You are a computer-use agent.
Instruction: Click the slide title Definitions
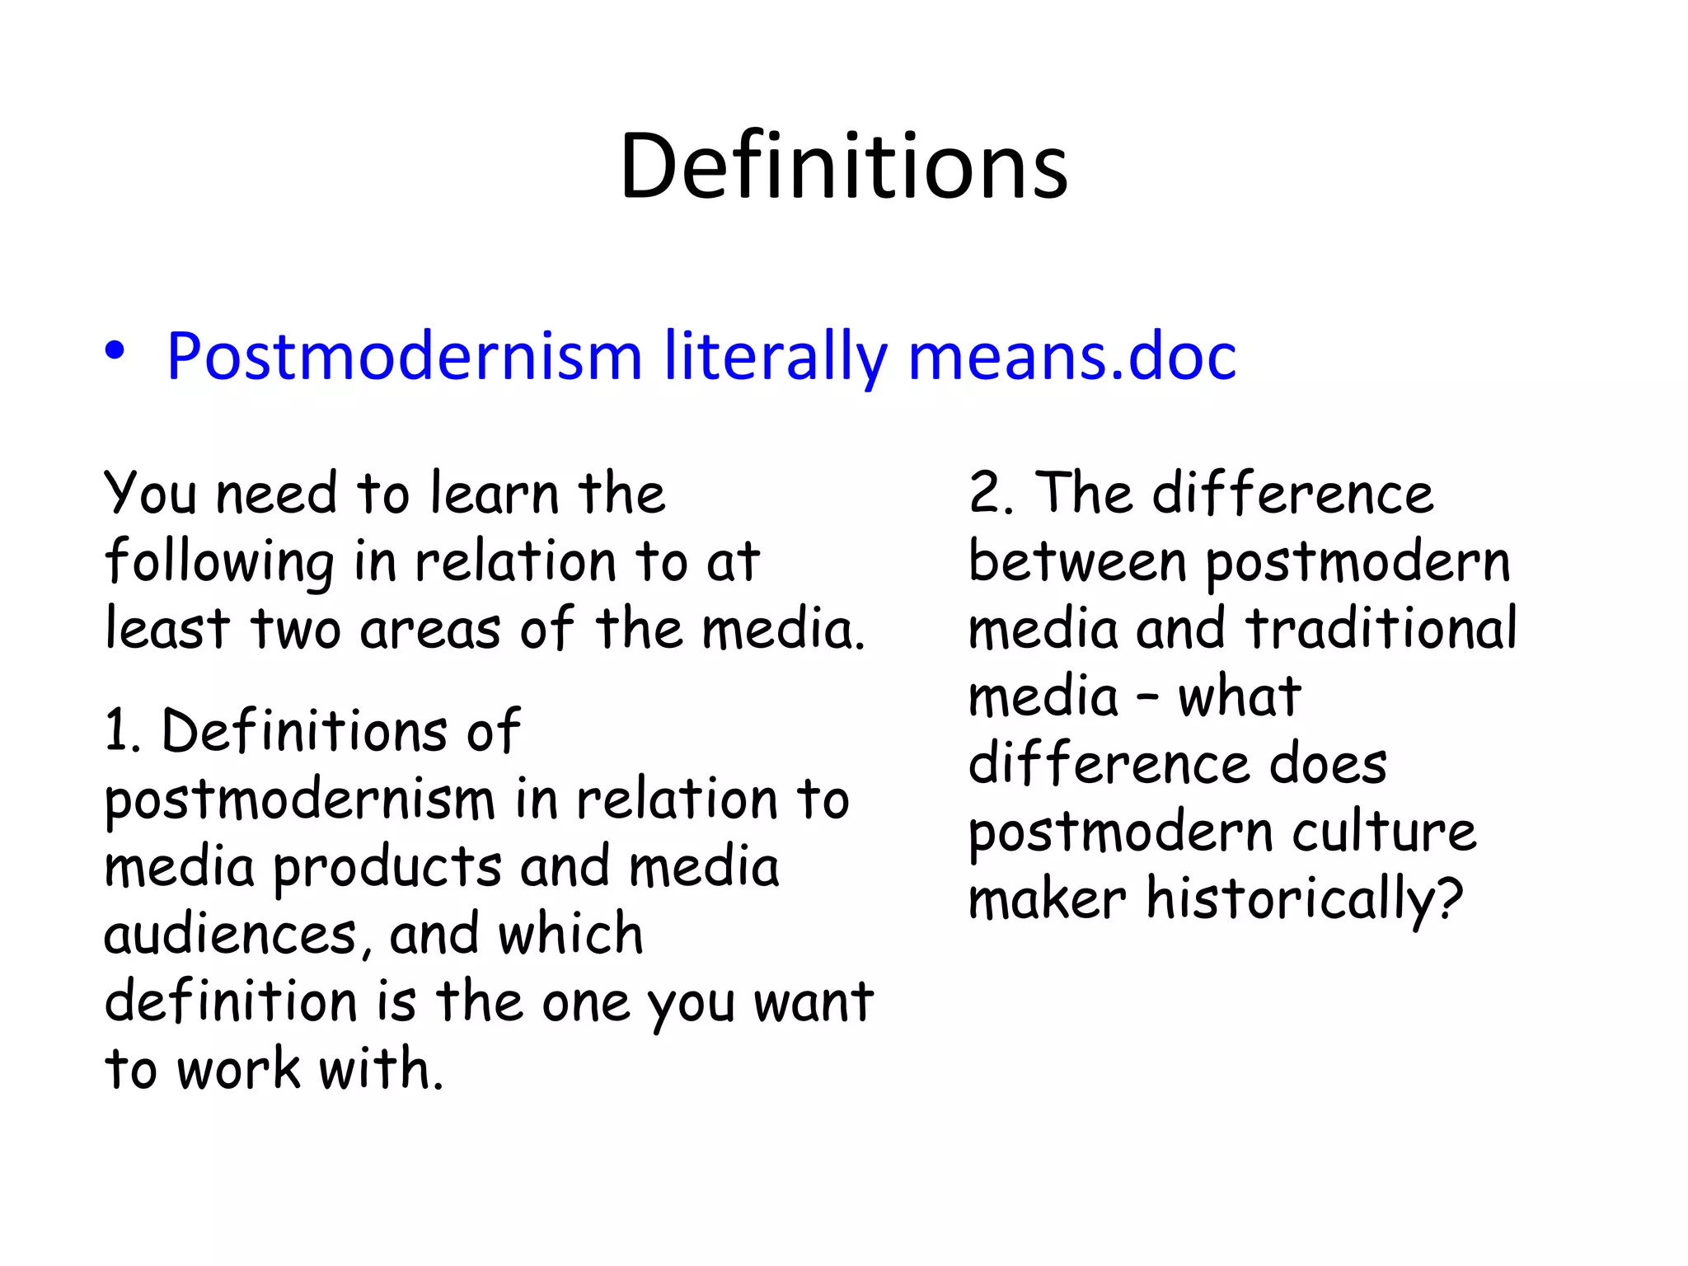point(843,167)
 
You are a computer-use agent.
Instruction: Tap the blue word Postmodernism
point(404,357)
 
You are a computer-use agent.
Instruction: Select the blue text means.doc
point(1071,357)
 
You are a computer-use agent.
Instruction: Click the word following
point(219,562)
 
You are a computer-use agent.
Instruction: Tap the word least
point(167,629)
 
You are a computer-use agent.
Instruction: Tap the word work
point(239,1070)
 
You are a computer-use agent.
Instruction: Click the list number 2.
point(989,494)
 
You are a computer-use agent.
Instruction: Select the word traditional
point(1381,629)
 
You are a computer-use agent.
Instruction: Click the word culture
point(1384,832)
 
